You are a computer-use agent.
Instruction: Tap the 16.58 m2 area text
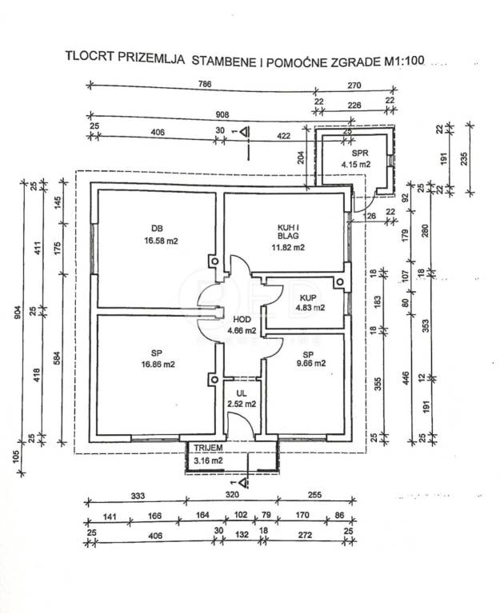point(162,239)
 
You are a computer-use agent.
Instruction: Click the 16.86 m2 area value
point(158,364)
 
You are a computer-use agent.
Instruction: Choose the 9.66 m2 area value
point(309,364)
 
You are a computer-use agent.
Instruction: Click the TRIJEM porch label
point(205,449)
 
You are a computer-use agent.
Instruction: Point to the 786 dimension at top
point(206,83)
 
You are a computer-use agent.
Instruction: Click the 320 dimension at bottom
point(232,496)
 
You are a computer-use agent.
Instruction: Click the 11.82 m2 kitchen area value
point(287,247)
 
